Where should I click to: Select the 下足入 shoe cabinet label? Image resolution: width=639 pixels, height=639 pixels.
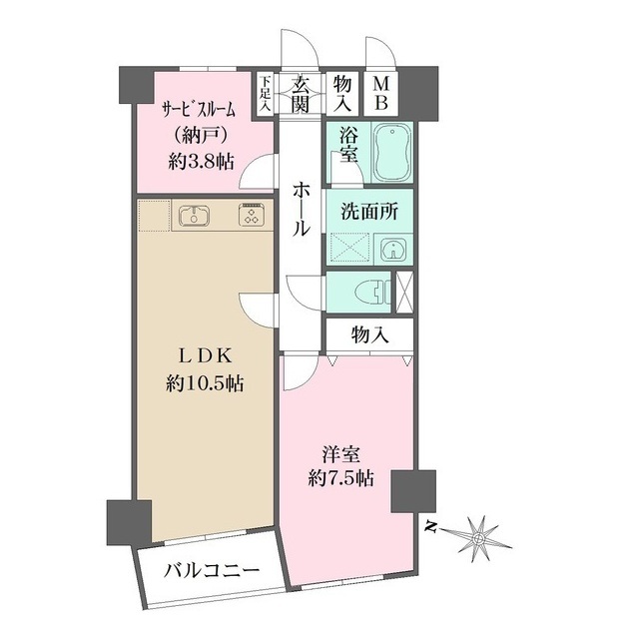click(x=266, y=94)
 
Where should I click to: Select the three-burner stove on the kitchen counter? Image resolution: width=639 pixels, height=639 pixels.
click(x=248, y=215)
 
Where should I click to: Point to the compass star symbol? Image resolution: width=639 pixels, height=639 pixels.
click(x=479, y=537)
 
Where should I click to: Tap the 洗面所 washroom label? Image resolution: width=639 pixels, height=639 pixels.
click(x=367, y=212)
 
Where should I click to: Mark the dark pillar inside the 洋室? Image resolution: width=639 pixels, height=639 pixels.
click(x=409, y=489)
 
